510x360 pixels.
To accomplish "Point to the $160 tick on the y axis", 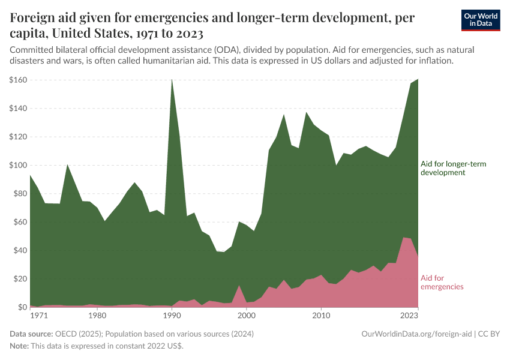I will pos(17,80).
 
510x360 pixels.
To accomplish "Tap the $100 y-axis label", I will pos(17,165).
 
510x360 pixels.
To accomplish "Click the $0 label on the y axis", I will pos(22,307).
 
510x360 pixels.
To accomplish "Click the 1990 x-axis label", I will pos(172,315).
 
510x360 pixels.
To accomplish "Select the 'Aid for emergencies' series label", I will pos(442,282).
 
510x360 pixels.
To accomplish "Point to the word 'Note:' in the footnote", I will pos(20,346).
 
